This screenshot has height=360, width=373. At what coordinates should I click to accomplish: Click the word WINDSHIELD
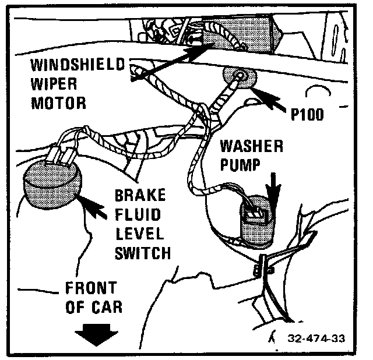pyautogui.click(x=78, y=64)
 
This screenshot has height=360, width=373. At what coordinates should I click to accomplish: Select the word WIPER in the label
pyautogui.click(x=54, y=84)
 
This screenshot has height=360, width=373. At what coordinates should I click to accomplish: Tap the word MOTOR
pyautogui.click(x=58, y=103)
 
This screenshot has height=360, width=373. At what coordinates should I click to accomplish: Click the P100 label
pyautogui.click(x=307, y=114)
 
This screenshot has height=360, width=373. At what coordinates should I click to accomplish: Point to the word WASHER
pyautogui.click(x=252, y=146)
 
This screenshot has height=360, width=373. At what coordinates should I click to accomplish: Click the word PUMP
pyautogui.click(x=240, y=164)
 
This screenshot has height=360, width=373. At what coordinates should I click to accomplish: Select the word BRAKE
pyautogui.click(x=140, y=195)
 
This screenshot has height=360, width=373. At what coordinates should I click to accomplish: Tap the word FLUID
pyautogui.click(x=138, y=214)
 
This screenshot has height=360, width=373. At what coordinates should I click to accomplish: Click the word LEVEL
pyautogui.click(x=140, y=233)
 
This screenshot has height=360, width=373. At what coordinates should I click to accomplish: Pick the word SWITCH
pyautogui.click(x=143, y=252)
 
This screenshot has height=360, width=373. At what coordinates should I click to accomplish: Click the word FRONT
pyautogui.click(x=91, y=288)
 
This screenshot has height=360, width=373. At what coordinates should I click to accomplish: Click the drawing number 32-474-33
pyautogui.click(x=316, y=338)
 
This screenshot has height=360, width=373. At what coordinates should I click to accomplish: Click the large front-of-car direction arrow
pyautogui.click(x=96, y=335)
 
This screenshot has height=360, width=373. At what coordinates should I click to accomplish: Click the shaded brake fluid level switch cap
pyautogui.click(x=52, y=184)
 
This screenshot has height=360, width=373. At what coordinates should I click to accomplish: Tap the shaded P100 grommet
pyautogui.click(x=240, y=76)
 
